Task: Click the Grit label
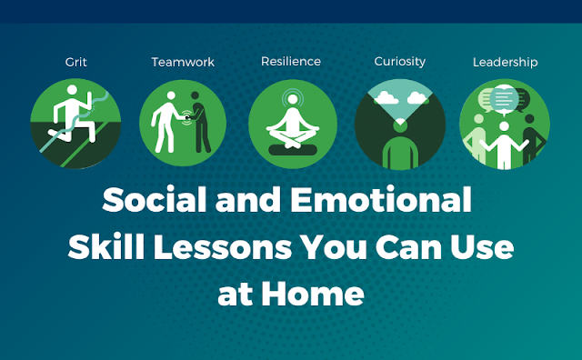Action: [75, 62]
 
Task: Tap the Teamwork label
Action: [183, 62]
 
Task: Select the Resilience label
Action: [291, 61]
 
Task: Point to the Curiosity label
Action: [400, 62]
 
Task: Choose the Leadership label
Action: [506, 63]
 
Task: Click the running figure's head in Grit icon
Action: [72, 90]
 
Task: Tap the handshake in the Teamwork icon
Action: [186, 117]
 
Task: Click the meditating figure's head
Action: [293, 99]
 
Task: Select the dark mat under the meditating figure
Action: [293, 150]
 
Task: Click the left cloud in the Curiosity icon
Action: [386, 97]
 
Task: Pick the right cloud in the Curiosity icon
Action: [417, 98]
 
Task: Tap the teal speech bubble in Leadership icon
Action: [504, 99]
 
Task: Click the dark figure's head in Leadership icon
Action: [529, 119]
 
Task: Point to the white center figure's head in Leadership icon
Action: [504, 126]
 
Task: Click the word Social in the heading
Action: [154, 200]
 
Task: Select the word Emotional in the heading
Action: [381, 200]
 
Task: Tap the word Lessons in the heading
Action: [223, 247]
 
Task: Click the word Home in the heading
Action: [313, 294]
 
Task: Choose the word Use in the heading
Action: [482, 247]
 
